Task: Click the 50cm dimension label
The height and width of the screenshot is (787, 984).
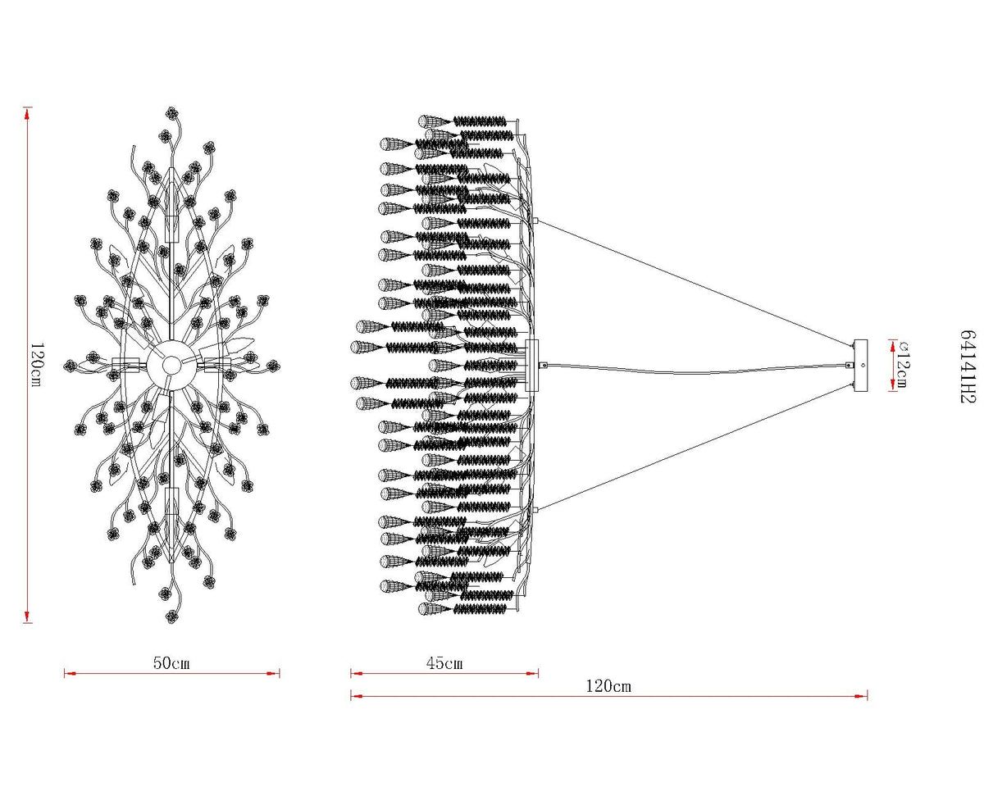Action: (x=171, y=662)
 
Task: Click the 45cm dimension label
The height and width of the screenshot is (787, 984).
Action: (x=444, y=662)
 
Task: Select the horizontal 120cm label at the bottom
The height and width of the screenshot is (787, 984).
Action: (x=608, y=686)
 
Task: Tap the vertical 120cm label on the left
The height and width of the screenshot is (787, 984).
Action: (x=37, y=365)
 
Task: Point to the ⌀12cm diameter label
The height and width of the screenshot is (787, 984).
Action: (x=900, y=365)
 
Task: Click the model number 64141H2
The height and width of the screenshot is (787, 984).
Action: (x=967, y=366)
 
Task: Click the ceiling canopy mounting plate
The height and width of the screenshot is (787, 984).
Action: (x=860, y=366)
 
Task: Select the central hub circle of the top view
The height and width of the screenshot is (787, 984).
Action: (x=171, y=365)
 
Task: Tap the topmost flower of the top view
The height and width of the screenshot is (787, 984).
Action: (x=172, y=112)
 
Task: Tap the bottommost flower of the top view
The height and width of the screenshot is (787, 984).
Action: (x=172, y=616)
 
